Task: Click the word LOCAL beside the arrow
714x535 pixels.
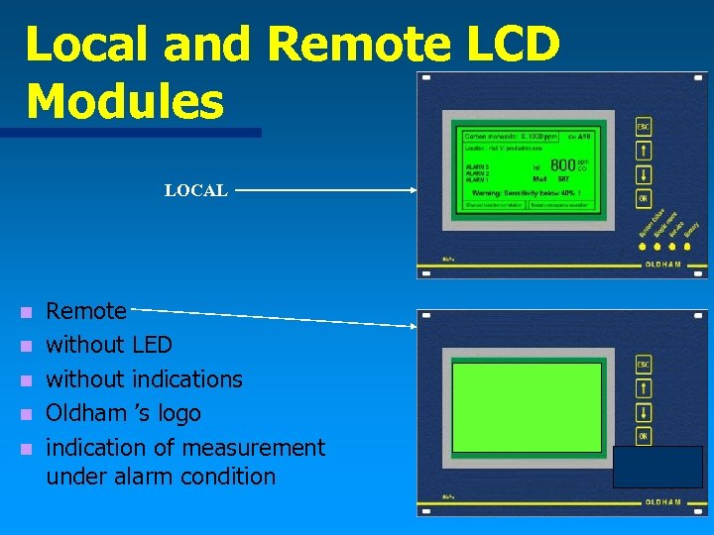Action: (196, 190)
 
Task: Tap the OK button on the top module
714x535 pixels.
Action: (644, 198)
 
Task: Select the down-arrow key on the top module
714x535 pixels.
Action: (644, 174)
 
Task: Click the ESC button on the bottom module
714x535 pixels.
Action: (644, 365)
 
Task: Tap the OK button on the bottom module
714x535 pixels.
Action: (644, 436)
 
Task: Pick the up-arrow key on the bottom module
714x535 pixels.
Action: (644, 388)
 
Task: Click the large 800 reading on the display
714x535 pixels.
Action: (562, 164)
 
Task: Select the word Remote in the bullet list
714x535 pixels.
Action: (86, 311)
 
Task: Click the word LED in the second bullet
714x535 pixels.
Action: (152, 345)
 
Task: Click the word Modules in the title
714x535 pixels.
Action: (125, 101)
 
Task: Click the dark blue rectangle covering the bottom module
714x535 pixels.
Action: (657, 467)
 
